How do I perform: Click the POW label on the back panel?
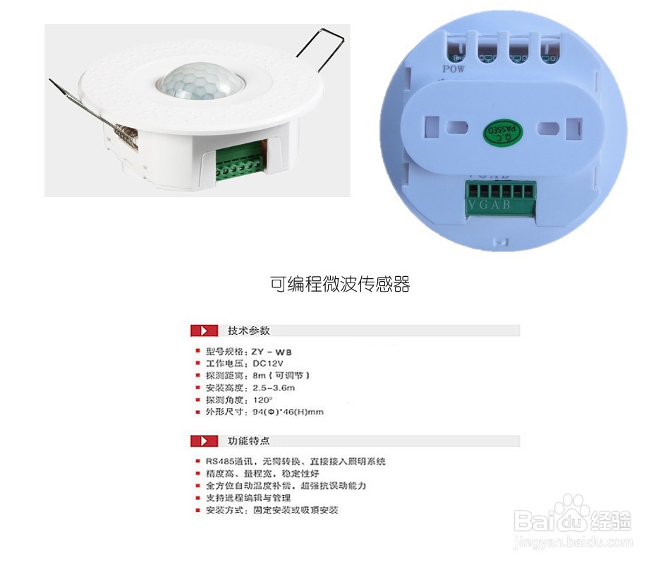453,69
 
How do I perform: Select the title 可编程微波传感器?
340,284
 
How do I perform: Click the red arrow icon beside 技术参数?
205,331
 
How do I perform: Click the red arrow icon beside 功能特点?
205,441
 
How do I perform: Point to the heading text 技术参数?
248,331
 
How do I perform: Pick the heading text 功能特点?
248,441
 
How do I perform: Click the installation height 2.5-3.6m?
274,387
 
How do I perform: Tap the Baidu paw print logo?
571,510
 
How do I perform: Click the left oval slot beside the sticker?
456,129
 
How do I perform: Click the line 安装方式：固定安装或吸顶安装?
272,509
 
